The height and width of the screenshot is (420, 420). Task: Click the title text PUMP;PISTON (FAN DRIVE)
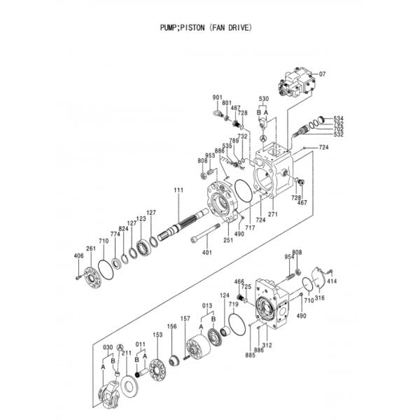pyautogui.click(x=206, y=29)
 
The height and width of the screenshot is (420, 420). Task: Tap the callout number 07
pyautogui.click(x=323, y=74)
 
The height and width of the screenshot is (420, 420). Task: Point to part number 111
pyautogui.click(x=178, y=190)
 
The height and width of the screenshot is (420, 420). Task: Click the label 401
pyautogui.click(x=207, y=253)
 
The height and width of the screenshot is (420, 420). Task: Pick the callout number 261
pyautogui.click(x=90, y=248)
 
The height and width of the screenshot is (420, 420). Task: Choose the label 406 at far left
pyautogui.click(x=78, y=256)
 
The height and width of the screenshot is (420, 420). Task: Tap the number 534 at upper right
pyautogui.click(x=338, y=118)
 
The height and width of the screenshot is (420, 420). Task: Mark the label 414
pyautogui.click(x=332, y=281)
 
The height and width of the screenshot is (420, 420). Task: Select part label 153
pyautogui.click(x=157, y=335)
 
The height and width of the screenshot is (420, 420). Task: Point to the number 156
pyautogui.click(x=171, y=327)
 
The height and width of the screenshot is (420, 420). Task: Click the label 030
pyautogui.click(x=108, y=348)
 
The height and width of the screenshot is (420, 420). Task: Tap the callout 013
pyautogui.click(x=207, y=306)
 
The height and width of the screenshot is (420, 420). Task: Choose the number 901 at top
pyautogui.click(x=217, y=97)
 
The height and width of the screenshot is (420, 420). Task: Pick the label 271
pyautogui.click(x=273, y=214)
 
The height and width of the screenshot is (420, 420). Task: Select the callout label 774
pyautogui.click(x=115, y=234)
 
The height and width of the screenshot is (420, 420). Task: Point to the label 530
pyautogui.click(x=263, y=99)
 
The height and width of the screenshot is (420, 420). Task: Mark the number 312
pyautogui.click(x=267, y=345)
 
